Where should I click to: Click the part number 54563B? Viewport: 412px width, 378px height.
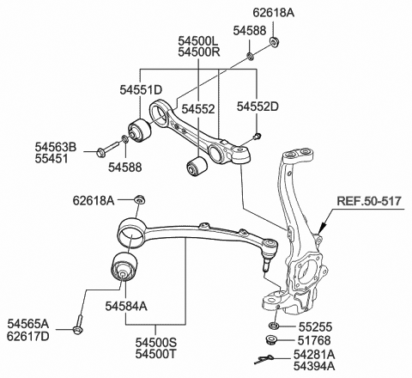(56, 148)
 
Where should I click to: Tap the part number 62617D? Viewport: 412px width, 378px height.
(30, 336)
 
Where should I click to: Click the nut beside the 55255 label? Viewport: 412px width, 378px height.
(273, 327)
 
